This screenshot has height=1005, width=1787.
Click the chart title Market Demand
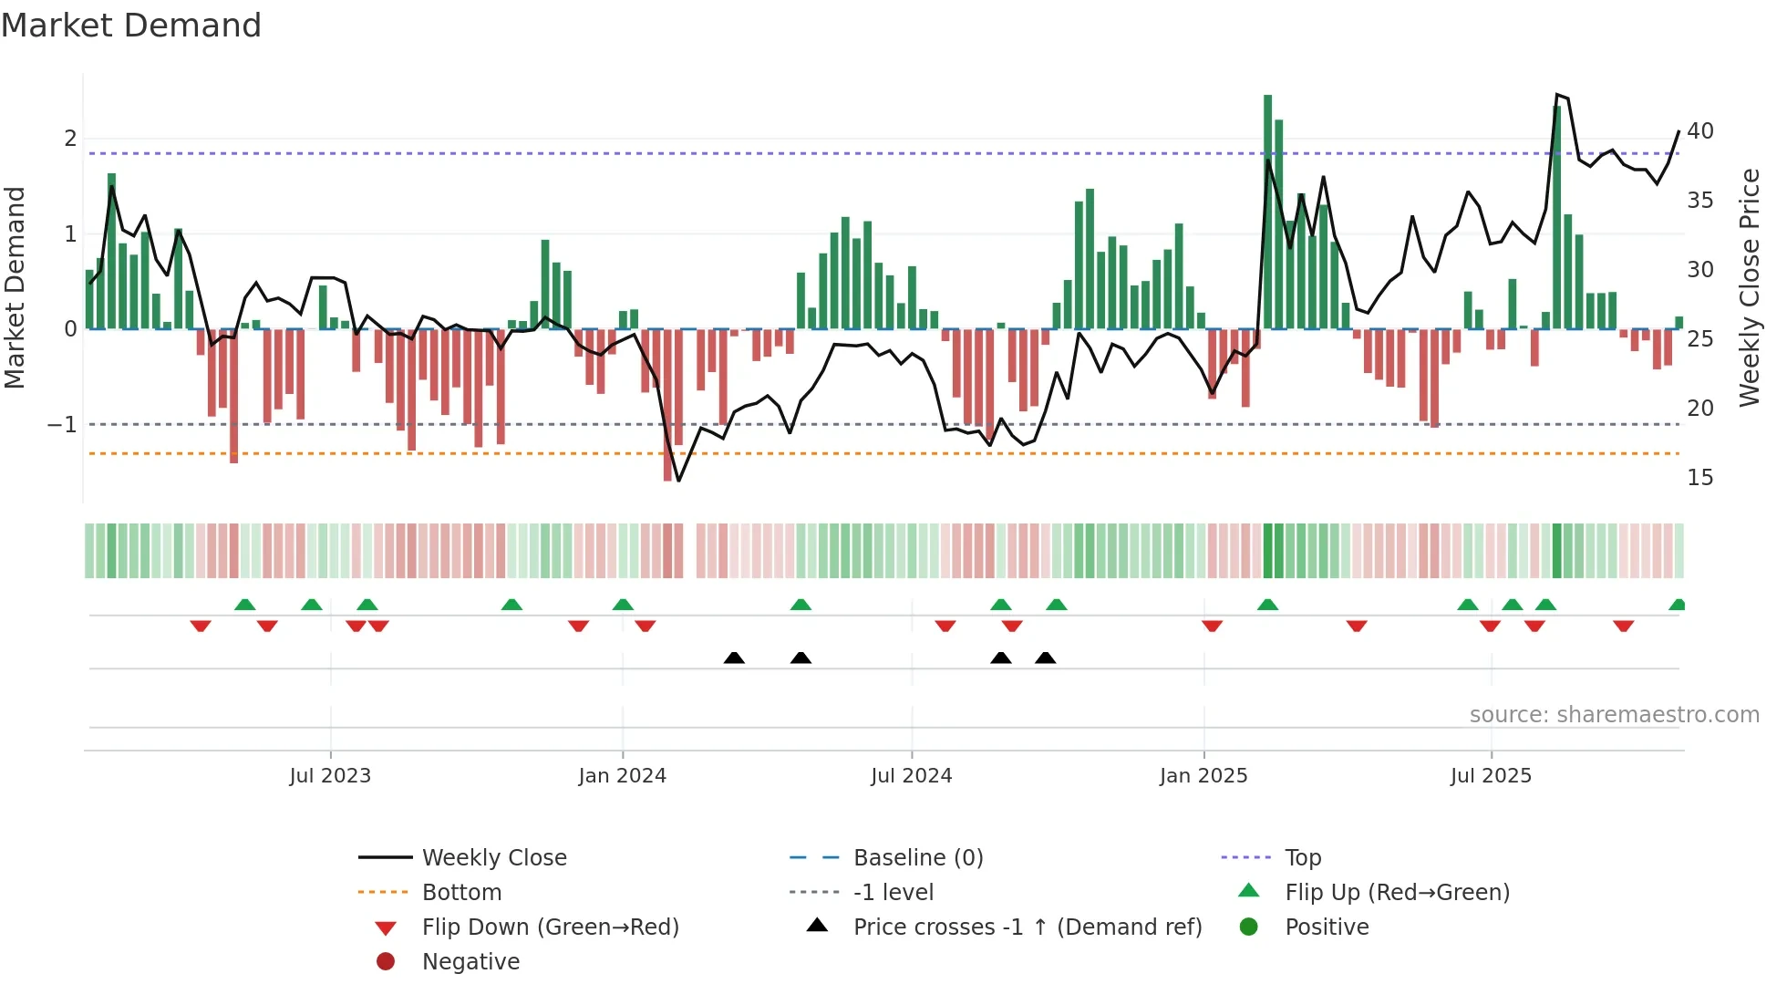click(x=131, y=26)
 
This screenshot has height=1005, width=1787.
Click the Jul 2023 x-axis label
click(x=330, y=776)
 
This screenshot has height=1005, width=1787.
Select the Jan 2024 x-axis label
click(x=622, y=776)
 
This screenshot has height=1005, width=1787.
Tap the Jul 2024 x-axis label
click(x=911, y=776)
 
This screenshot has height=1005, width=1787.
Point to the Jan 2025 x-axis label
click(x=1203, y=776)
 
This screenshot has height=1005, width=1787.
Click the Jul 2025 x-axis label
click(x=1491, y=776)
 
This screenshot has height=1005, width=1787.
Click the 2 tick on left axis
click(x=70, y=139)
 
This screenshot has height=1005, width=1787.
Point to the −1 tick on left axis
click(x=62, y=425)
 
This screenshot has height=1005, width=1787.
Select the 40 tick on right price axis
click(x=1700, y=131)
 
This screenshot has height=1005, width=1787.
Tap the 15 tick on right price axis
click(x=1700, y=478)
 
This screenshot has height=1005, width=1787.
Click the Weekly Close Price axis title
click(x=1749, y=287)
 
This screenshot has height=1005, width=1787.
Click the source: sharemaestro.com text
click(x=1614, y=715)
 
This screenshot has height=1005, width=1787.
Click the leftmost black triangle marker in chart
click(x=734, y=658)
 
